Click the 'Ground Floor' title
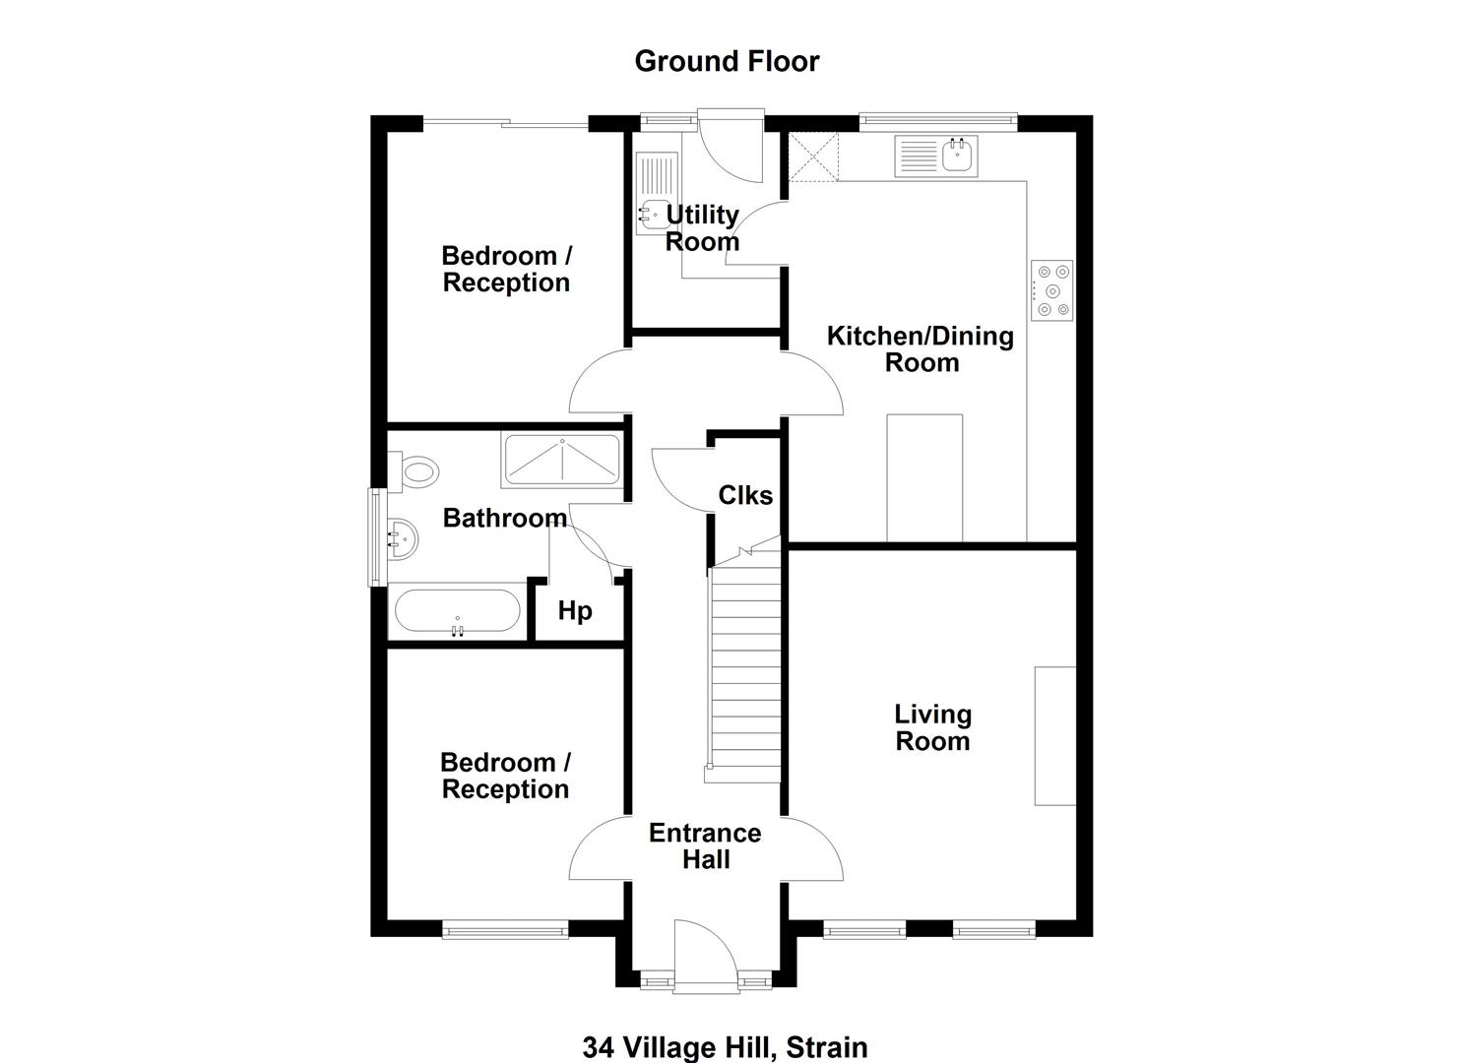click(727, 61)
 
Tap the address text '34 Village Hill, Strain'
click(726, 1048)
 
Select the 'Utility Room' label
click(702, 227)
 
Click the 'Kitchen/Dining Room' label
click(921, 349)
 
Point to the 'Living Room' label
click(932, 727)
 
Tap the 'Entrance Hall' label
click(706, 845)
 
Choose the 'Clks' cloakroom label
click(745, 495)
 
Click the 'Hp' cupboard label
click(575, 611)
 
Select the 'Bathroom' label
click(505, 518)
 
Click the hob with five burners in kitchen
click(1052, 290)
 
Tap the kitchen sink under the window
click(936, 156)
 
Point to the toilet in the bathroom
click(413, 471)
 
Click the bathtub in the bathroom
click(458, 611)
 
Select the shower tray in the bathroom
click(562, 460)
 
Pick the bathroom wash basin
click(403, 539)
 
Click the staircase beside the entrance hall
click(744, 659)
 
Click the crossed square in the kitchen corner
click(813, 156)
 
